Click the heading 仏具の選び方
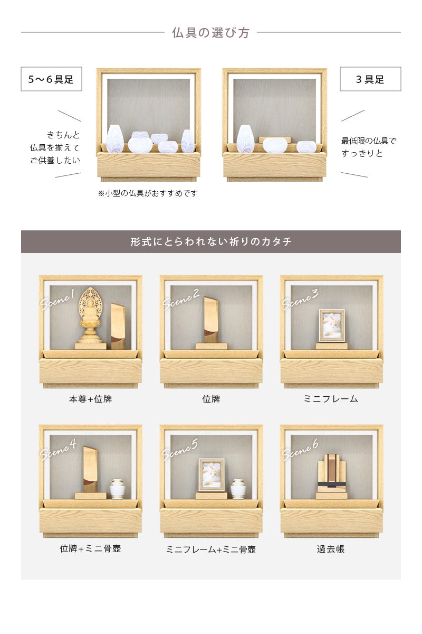click(210, 33)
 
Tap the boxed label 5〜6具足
click(51, 79)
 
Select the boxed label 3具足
click(370, 79)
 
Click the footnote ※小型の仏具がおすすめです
click(148, 193)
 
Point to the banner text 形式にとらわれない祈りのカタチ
click(210, 242)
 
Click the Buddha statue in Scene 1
click(90, 316)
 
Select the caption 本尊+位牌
click(90, 399)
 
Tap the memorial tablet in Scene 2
click(211, 320)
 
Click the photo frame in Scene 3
click(331, 325)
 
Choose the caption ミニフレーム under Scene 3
click(331, 399)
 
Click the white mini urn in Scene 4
click(117, 489)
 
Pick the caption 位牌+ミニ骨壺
click(90, 548)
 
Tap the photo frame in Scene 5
click(211, 475)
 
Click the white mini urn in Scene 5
click(238, 489)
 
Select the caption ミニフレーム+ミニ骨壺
click(211, 549)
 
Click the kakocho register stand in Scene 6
click(331, 474)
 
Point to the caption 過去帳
click(331, 549)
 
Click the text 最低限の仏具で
click(368, 141)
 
